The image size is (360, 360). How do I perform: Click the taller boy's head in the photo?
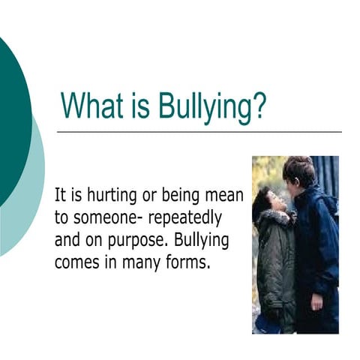[298, 171]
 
